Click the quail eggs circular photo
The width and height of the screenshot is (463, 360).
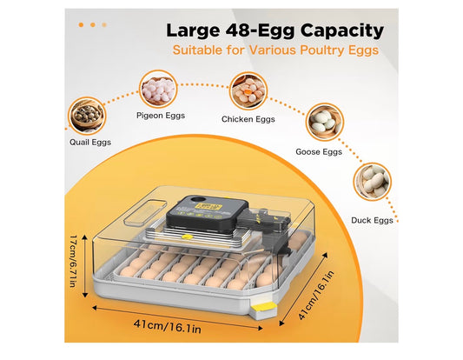pos(86,116)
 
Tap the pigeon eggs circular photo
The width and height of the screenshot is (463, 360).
pos(158,90)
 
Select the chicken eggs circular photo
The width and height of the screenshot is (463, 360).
pos(248,90)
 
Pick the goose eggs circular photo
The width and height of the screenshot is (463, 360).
pos(325,122)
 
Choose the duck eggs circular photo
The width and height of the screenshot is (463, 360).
pos(372,182)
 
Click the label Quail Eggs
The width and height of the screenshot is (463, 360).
pos(90,142)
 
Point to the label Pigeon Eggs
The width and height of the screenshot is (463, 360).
pos(161,116)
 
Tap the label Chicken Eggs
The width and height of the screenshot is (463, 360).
pos(248,119)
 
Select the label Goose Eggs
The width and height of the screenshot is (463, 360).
pos(319,151)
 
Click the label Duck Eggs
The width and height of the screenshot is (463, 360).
pos(372,220)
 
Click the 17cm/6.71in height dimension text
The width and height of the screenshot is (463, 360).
pos(73,261)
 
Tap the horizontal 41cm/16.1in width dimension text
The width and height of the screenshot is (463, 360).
pos(167,326)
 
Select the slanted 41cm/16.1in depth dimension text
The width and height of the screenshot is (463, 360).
pos(316,295)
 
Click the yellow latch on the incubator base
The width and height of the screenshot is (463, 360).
pos(264,307)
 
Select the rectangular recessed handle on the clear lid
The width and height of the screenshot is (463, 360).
pos(145,212)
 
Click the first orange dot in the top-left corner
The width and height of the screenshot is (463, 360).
pos(81,25)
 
